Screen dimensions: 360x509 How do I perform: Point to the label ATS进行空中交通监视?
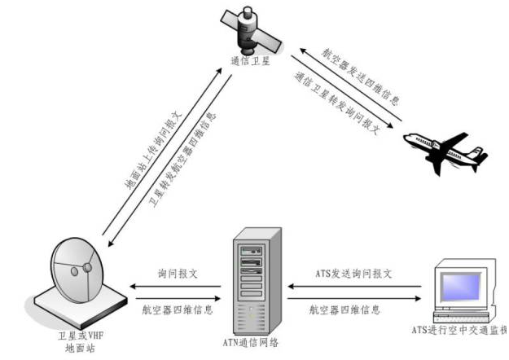point(459,331)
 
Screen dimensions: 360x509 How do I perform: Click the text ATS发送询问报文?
point(353,274)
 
